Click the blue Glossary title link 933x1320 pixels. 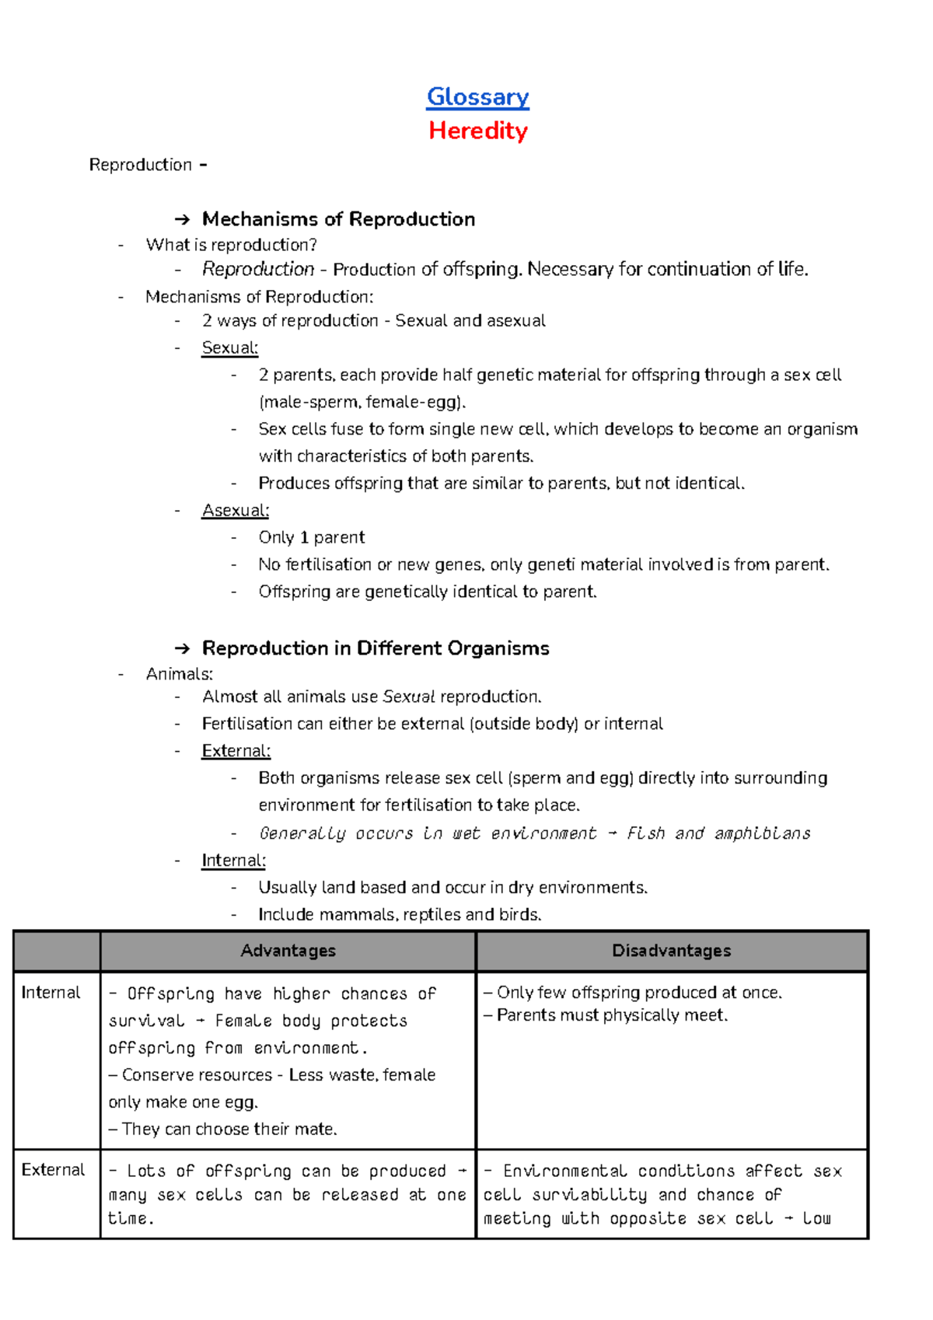[x=477, y=97]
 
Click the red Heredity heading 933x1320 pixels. [x=477, y=131]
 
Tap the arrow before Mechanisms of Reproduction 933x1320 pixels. [x=182, y=220]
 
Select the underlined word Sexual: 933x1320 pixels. [x=229, y=348]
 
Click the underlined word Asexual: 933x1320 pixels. [x=235, y=511]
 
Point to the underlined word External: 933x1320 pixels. [x=236, y=751]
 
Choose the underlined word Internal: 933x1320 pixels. [x=233, y=861]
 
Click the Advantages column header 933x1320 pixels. [x=288, y=951]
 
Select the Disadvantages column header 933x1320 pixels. [x=671, y=951]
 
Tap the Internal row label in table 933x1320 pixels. [x=51, y=993]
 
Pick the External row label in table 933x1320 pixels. [x=53, y=1170]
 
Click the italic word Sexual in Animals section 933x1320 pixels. [x=409, y=697]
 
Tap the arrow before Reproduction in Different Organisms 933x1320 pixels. [x=182, y=649]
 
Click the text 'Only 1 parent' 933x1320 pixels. [x=311, y=538]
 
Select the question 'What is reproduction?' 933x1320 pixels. [x=231, y=245]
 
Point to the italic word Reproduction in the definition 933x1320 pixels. [x=257, y=270]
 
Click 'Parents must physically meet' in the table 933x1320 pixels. [x=611, y=1015]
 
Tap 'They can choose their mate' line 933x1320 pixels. [x=229, y=1129]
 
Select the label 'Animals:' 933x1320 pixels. [x=179, y=674]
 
